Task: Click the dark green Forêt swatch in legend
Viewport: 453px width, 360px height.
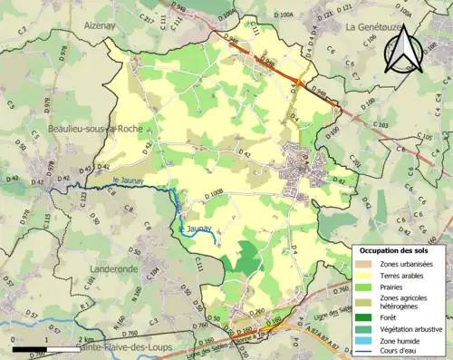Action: point(363,318)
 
